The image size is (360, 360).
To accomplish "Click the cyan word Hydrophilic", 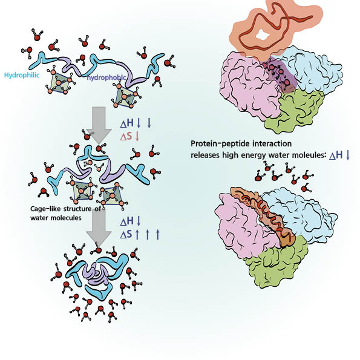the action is (22, 75).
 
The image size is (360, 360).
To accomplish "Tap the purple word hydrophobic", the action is (106, 78).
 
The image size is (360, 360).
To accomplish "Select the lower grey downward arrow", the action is (99, 226).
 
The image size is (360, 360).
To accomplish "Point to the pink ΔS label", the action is (126, 137).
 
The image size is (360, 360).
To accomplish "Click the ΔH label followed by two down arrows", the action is (126, 123).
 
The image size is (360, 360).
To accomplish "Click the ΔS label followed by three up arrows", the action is (126, 234).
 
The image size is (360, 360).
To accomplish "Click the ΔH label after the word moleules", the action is (336, 155).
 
